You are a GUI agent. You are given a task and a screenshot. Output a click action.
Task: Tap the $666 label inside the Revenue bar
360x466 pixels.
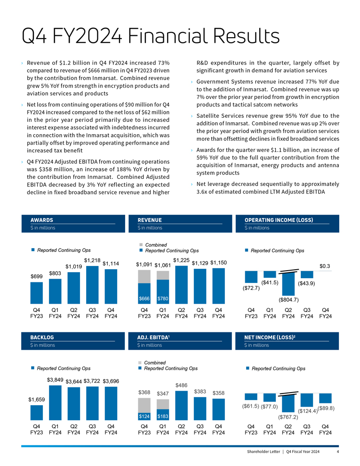pos(144,299)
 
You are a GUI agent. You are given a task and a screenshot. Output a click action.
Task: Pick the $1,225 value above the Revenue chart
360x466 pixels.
pos(181,260)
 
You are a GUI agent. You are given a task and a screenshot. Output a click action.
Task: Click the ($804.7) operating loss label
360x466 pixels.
pos(288,299)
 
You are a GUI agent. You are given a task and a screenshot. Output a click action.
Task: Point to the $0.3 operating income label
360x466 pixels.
pos(325,266)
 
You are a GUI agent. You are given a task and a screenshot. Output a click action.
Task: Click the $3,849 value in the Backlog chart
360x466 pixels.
pos(55,379)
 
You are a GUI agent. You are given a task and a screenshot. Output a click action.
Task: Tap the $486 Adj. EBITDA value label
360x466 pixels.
pos(181,385)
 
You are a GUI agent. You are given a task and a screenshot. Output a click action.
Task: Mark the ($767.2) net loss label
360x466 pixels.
pos(288,417)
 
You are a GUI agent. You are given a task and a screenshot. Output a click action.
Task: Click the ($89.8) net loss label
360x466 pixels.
pos(325,408)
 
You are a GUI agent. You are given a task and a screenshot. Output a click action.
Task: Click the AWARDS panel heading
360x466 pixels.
pos(41,220)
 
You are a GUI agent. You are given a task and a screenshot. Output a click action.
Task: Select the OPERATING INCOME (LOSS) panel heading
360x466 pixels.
pos(279,220)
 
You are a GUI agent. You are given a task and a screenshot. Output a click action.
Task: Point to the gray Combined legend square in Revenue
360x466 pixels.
pos(140,245)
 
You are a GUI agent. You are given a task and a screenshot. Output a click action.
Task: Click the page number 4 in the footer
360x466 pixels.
pos(338,452)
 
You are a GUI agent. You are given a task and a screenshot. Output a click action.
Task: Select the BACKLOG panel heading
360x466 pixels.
pos(42,337)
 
